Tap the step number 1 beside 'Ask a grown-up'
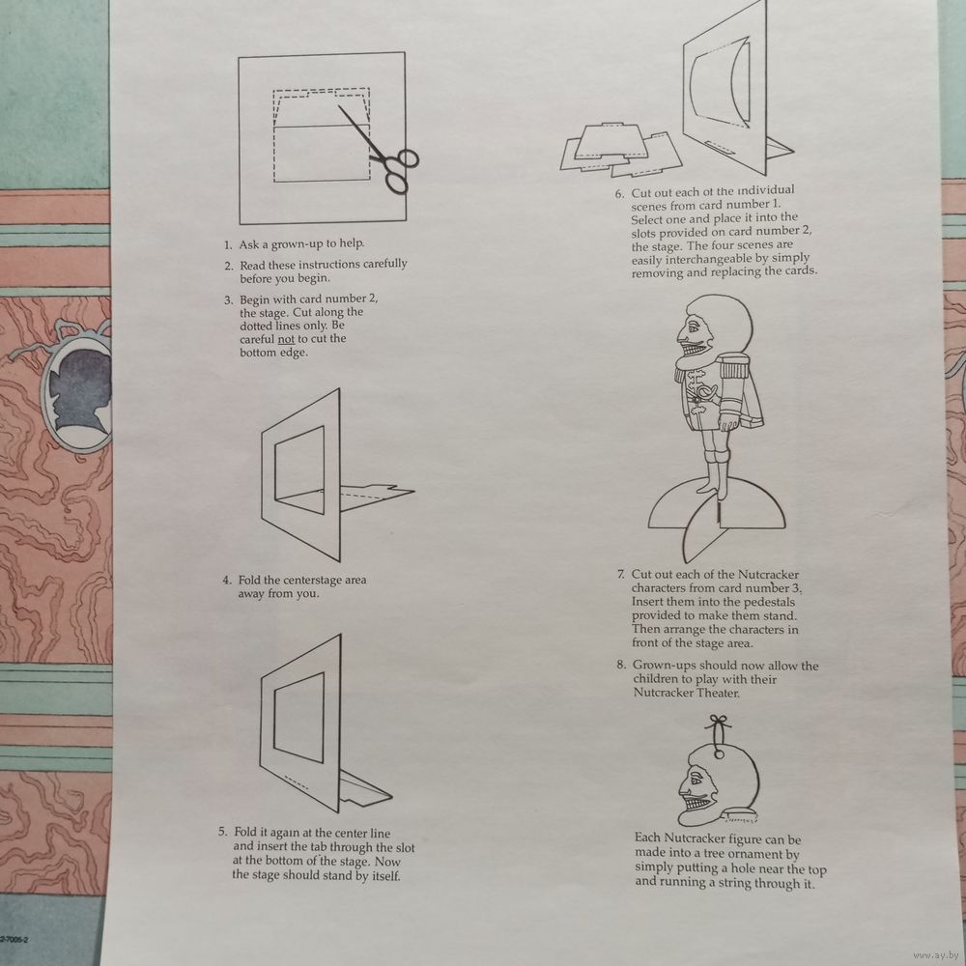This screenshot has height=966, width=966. pos(228,245)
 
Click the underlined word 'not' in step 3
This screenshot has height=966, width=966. pos(286,339)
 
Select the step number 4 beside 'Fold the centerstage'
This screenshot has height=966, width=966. pos(227,581)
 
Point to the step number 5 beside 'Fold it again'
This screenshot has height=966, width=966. pos(222,832)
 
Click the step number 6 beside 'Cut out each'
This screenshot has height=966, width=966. pos(619,194)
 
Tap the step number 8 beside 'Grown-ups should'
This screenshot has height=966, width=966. pos(621,665)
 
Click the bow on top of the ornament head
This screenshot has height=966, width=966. pos(719,722)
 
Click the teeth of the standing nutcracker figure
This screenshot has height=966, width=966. pos(693,350)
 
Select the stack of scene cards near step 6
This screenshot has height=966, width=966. pos(621,149)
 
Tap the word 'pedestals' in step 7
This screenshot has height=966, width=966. pos(769,602)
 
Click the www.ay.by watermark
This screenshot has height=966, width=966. pos(937,955)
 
